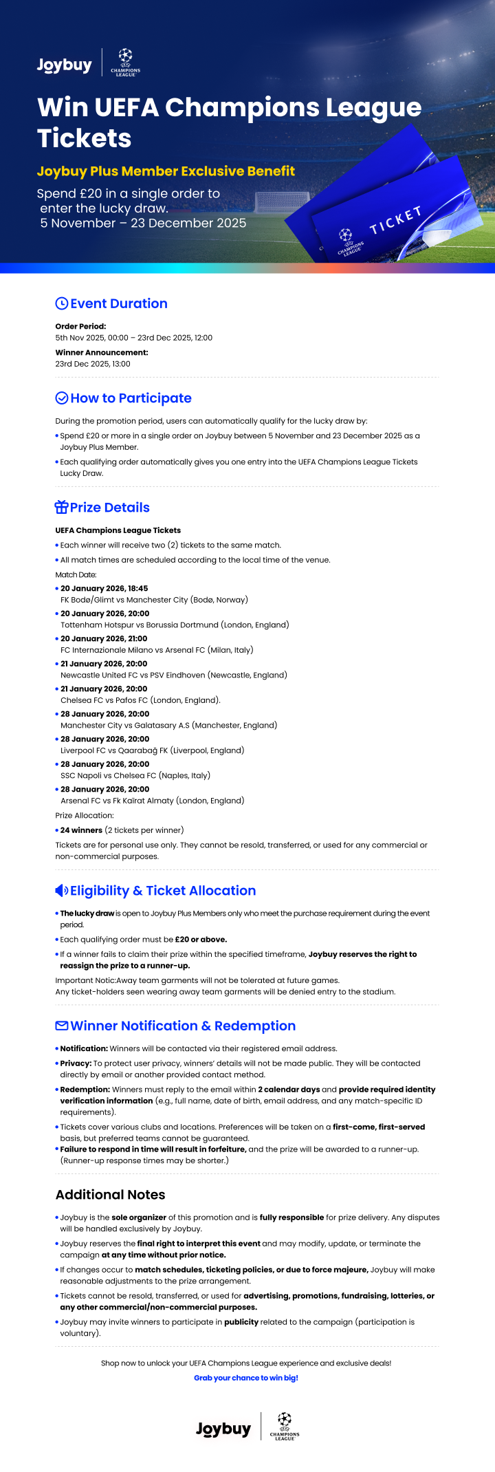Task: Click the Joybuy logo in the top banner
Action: (64, 65)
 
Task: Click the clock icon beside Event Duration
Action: (61, 303)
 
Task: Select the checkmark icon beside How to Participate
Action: (61, 398)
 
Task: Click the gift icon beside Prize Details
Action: (61, 507)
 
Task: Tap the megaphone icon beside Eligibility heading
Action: (61, 890)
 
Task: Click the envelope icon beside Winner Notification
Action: (61, 1026)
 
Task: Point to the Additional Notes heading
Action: (110, 1194)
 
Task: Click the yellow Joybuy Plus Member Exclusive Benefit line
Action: (166, 171)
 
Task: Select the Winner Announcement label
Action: (102, 352)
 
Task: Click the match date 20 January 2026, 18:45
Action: (104, 588)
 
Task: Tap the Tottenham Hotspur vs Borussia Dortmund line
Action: (175, 625)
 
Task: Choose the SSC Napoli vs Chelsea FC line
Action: (135, 775)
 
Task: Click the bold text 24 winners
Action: (81, 830)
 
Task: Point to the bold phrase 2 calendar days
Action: (289, 1090)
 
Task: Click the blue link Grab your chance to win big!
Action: (246, 1378)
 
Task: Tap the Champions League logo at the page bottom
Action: (284, 1427)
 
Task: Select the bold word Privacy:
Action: (76, 1063)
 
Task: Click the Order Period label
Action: (80, 326)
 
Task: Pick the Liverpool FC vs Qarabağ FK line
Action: (152, 750)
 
